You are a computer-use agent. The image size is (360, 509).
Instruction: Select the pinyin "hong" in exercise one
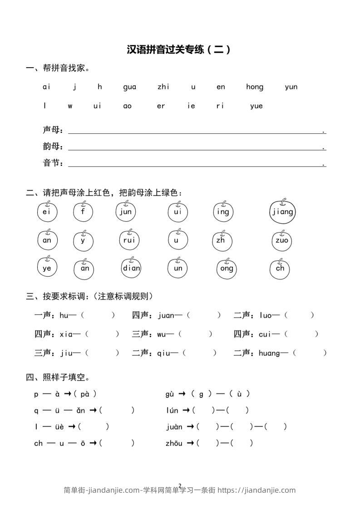tap(254, 87)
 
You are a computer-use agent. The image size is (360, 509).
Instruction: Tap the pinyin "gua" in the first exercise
tap(129, 87)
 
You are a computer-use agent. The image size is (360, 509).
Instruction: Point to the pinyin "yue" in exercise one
tap(256, 106)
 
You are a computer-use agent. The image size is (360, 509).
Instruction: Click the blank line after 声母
tap(195, 132)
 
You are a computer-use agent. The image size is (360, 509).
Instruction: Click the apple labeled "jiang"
tap(282, 212)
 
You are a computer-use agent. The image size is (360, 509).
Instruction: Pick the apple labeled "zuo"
tap(281, 240)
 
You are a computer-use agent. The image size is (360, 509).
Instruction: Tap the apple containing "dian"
tap(132, 268)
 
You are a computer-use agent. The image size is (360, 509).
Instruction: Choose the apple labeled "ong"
tap(227, 268)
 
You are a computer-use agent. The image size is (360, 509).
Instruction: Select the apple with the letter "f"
tap(83, 212)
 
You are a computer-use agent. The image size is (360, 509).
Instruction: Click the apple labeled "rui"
tap(129, 240)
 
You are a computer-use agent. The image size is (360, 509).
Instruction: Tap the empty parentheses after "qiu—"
tap(200, 353)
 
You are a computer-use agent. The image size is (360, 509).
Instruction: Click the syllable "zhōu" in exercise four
tap(174, 443)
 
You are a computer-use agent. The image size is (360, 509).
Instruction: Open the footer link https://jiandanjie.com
tap(256, 490)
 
